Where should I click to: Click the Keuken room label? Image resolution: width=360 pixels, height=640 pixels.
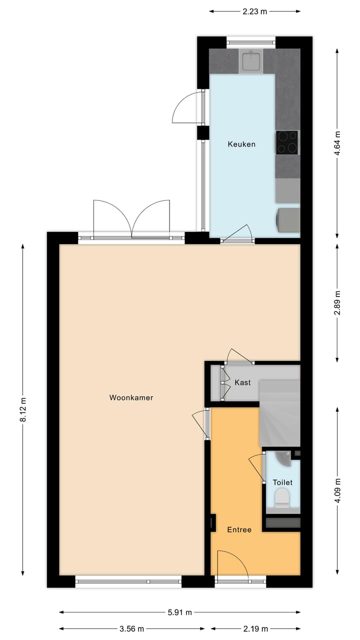[x=241, y=144]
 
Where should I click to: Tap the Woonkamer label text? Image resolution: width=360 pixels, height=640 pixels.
[x=131, y=398]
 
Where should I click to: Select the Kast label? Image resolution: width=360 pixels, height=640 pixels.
[x=242, y=382]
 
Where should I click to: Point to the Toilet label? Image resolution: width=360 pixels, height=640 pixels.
[x=282, y=482]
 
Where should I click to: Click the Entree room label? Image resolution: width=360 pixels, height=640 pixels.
[x=239, y=530]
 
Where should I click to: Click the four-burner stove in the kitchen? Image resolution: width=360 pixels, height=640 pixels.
[x=287, y=141]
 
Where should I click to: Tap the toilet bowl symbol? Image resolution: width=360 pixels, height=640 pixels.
[x=282, y=498]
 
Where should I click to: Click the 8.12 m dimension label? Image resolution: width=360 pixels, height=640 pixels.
[x=23, y=410]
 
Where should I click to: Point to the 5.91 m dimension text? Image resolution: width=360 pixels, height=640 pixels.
[x=180, y=612]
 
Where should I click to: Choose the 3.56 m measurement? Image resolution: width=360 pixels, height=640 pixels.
[x=132, y=629]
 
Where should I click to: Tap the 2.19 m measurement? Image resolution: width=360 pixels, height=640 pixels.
[x=255, y=629]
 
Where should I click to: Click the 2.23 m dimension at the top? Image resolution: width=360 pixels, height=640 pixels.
[x=254, y=11]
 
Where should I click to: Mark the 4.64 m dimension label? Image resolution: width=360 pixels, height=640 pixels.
[x=337, y=144]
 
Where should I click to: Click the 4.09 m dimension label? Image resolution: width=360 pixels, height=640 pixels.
[x=337, y=491]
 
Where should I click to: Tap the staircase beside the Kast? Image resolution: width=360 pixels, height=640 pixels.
[x=279, y=412]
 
